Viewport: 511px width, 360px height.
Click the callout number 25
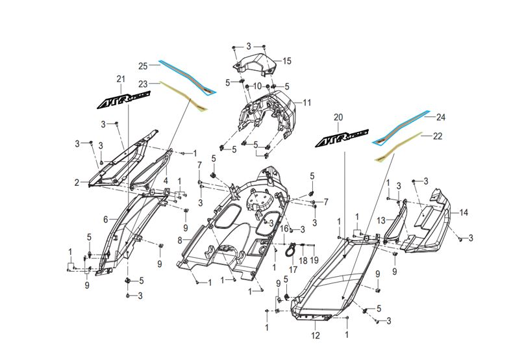[143, 66]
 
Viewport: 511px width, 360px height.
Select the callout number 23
[143, 84]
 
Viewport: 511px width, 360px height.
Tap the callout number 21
[121, 79]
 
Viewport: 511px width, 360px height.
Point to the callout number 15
[287, 61]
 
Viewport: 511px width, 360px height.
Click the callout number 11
[307, 103]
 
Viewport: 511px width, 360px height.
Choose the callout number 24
[441, 117]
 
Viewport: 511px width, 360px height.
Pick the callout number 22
[438, 136]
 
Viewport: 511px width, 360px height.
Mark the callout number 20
[338, 117]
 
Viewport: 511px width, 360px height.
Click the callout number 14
[464, 212]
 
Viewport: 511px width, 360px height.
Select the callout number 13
[381, 221]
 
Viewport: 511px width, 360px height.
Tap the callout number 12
[316, 335]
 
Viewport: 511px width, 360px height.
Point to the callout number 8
[180, 241]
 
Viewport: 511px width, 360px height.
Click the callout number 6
[106, 220]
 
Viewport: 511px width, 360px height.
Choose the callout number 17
[293, 270]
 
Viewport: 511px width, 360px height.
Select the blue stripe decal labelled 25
[187, 77]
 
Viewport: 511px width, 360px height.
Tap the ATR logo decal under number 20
[342, 138]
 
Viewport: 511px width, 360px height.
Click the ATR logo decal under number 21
[124, 99]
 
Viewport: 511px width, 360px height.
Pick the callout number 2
[77, 183]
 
